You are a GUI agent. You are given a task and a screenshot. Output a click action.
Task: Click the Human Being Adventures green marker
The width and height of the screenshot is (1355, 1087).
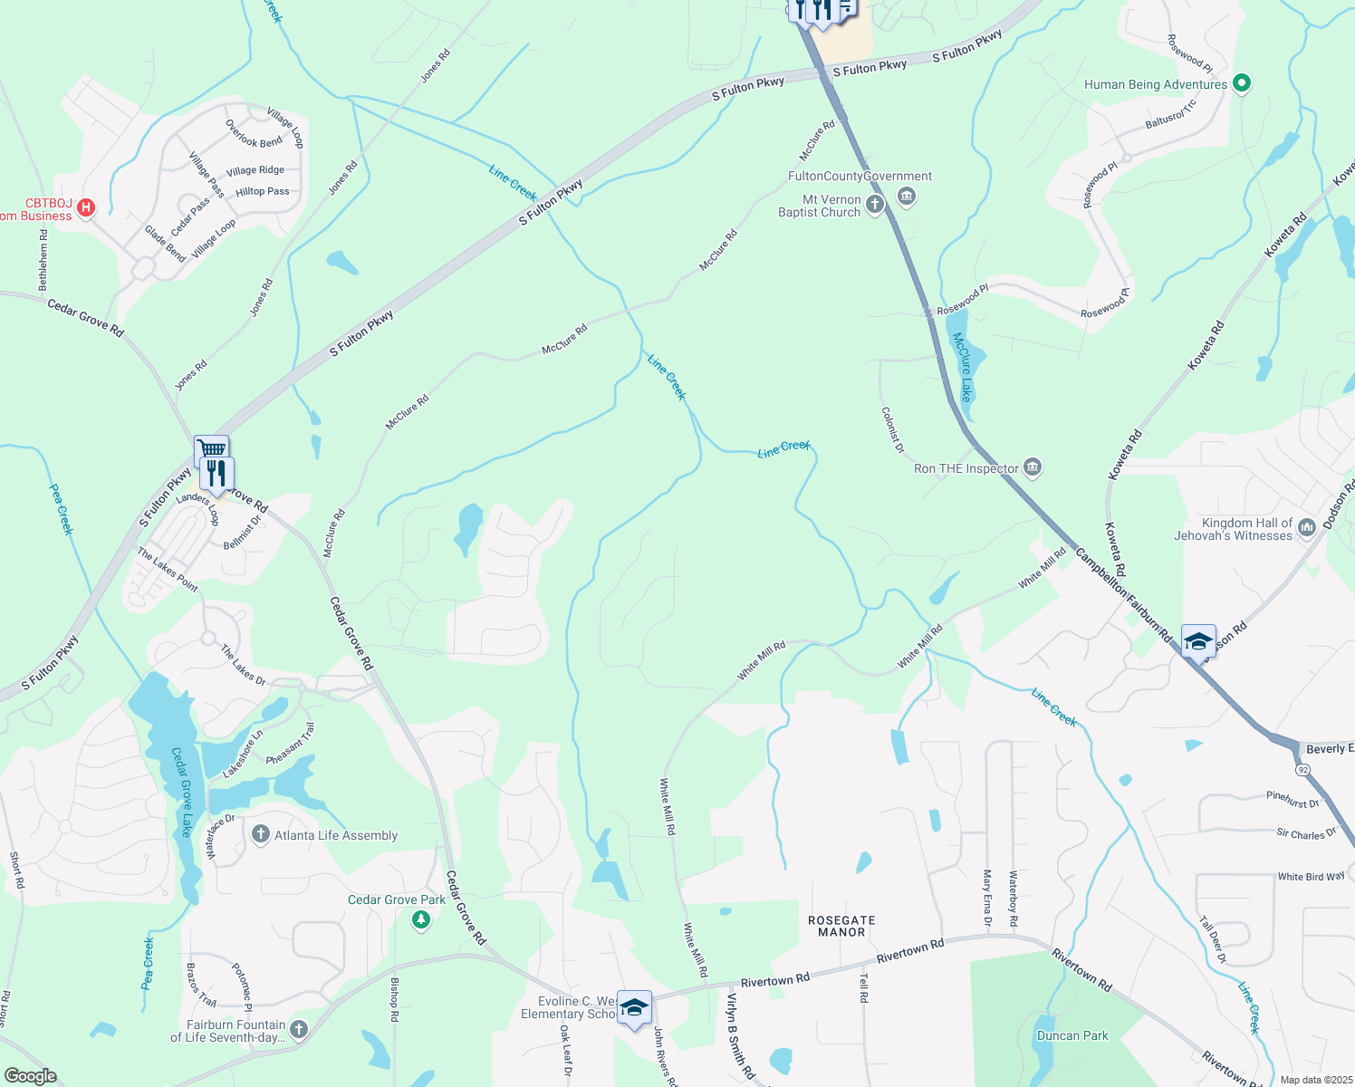1243,84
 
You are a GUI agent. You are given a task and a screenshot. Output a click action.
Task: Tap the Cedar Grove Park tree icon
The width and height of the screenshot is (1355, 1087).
420,920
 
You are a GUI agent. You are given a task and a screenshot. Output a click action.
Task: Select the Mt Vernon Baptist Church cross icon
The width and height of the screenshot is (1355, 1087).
874,205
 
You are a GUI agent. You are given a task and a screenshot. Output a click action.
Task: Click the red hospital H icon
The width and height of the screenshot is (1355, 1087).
86,207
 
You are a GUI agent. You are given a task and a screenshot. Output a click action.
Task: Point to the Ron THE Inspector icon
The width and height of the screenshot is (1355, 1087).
1033,467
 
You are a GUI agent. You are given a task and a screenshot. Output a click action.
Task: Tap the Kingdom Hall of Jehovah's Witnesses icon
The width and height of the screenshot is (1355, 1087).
1306,527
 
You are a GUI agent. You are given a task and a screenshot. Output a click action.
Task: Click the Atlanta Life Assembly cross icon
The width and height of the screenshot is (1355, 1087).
260,834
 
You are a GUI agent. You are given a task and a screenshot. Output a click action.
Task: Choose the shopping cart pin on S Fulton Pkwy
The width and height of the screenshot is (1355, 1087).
211,449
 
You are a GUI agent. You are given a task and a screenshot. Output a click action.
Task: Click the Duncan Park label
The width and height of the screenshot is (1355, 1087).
1072,1035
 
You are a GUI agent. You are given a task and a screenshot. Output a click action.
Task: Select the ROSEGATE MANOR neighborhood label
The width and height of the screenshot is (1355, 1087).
841,926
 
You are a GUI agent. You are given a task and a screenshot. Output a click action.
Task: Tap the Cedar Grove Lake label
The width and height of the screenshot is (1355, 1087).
182,792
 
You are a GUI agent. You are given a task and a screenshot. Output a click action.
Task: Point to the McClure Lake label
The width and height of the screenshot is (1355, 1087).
962,367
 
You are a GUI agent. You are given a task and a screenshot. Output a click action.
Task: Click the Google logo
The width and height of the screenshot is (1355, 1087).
30,1076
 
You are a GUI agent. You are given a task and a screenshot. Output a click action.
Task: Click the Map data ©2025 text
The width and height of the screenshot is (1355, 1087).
1316,1080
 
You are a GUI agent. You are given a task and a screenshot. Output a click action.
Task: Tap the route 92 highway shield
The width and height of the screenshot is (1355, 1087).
1302,769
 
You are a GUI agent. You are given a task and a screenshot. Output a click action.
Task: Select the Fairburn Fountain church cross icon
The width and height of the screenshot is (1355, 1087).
300,1030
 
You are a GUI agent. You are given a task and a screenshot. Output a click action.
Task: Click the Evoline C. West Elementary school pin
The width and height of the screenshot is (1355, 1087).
634,1007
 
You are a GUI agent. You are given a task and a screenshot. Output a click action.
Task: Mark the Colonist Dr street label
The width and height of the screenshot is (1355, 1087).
893,429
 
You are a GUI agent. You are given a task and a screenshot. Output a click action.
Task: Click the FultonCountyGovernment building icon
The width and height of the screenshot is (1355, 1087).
907,196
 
